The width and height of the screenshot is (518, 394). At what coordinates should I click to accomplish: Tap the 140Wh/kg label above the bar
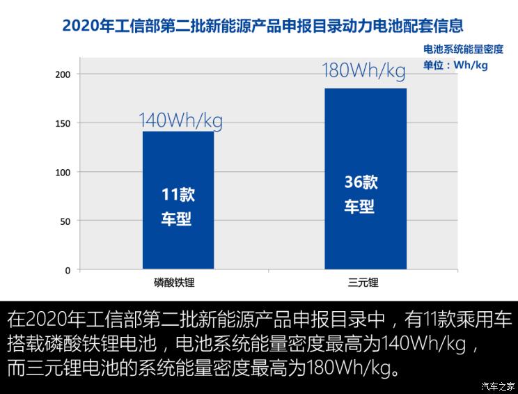point(180,120)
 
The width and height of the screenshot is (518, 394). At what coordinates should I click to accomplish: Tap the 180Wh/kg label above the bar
point(363,71)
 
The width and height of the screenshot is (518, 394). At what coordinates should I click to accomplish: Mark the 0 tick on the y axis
point(68,270)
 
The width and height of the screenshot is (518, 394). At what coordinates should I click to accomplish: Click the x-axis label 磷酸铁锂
point(178,283)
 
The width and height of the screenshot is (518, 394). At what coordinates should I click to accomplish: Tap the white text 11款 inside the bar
point(178,195)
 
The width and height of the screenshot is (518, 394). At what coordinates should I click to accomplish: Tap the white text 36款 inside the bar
point(361,182)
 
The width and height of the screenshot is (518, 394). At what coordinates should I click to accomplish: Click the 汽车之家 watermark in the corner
point(499,386)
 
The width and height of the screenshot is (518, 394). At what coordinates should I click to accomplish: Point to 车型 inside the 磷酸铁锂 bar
point(176,220)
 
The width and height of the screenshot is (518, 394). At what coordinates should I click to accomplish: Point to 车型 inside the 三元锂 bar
point(359,207)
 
